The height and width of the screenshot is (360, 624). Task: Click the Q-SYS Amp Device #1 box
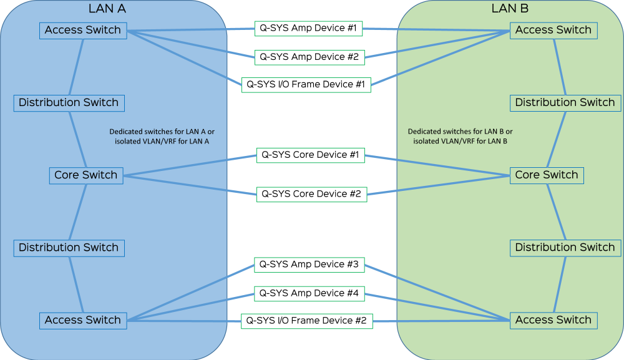tap(309, 29)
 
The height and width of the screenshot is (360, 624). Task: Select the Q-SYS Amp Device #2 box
tap(309, 57)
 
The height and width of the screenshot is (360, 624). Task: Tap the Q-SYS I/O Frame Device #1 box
tap(306, 84)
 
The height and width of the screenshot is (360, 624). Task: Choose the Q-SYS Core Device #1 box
tap(310, 155)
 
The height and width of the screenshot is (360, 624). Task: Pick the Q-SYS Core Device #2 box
tap(311, 194)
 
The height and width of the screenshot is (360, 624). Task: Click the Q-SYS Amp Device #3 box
tap(309, 265)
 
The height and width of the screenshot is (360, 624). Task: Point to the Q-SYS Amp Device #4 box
tap(309, 293)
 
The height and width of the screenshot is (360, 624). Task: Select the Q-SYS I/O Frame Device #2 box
tap(306, 321)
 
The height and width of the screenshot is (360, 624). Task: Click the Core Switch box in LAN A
tap(85, 175)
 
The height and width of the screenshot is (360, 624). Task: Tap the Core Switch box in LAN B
tap(547, 175)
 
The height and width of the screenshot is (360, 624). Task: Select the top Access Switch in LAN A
tap(82, 30)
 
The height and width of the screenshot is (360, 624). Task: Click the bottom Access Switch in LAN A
tap(82, 320)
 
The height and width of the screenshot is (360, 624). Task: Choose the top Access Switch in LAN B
tap(553, 30)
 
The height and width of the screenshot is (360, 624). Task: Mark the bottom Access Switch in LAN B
tap(553, 320)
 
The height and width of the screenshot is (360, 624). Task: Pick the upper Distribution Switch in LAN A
tap(68, 102)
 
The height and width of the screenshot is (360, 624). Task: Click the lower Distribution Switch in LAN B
tap(565, 248)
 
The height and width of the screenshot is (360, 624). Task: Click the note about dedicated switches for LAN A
tap(162, 137)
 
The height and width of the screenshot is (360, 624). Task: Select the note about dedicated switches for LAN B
tap(460, 137)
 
